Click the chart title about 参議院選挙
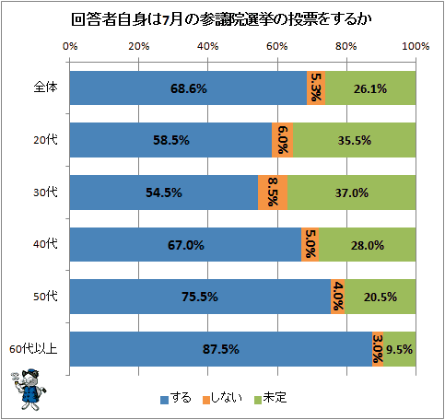[x=221, y=19]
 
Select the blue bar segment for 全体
[x=188, y=88]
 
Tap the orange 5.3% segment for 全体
[x=316, y=88]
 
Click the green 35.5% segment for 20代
[x=355, y=140]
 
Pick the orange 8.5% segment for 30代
[x=273, y=192]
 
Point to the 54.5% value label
[x=164, y=192]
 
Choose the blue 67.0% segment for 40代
[x=185, y=245]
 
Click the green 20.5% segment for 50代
[x=381, y=297]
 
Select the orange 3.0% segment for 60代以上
[x=378, y=349]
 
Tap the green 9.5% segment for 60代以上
[x=399, y=349]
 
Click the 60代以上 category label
[x=33, y=349]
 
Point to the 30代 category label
[x=45, y=192]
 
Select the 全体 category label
[x=45, y=87]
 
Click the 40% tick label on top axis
[x=207, y=46]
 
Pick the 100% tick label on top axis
[x=416, y=46]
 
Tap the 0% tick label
[x=70, y=46]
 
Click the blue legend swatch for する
[x=164, y=400]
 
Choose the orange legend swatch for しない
[x=206, y=400]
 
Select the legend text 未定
[x=275, y=398]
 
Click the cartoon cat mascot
[x=29, y=389]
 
